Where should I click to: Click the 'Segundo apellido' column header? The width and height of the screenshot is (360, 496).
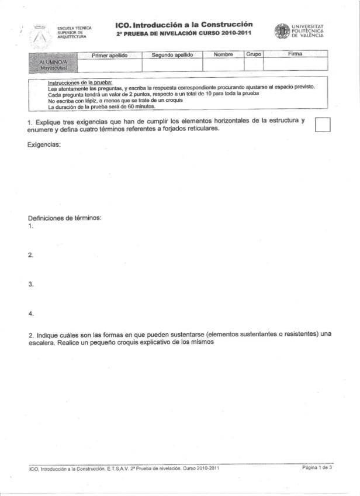[172, 54]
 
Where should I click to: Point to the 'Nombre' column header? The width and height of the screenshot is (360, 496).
[223, 54]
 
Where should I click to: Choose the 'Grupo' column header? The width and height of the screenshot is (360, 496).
[254, 54]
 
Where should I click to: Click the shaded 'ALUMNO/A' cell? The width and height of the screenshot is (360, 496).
[53, 63]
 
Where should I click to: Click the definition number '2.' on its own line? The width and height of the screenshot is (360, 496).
[30, 255]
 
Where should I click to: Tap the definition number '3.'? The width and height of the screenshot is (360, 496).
[30, 284]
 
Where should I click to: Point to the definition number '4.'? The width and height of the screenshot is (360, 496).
[30, 314]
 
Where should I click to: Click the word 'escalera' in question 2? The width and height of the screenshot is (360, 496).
[43, 343]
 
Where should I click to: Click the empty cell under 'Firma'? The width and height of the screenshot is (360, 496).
[295, 64]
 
